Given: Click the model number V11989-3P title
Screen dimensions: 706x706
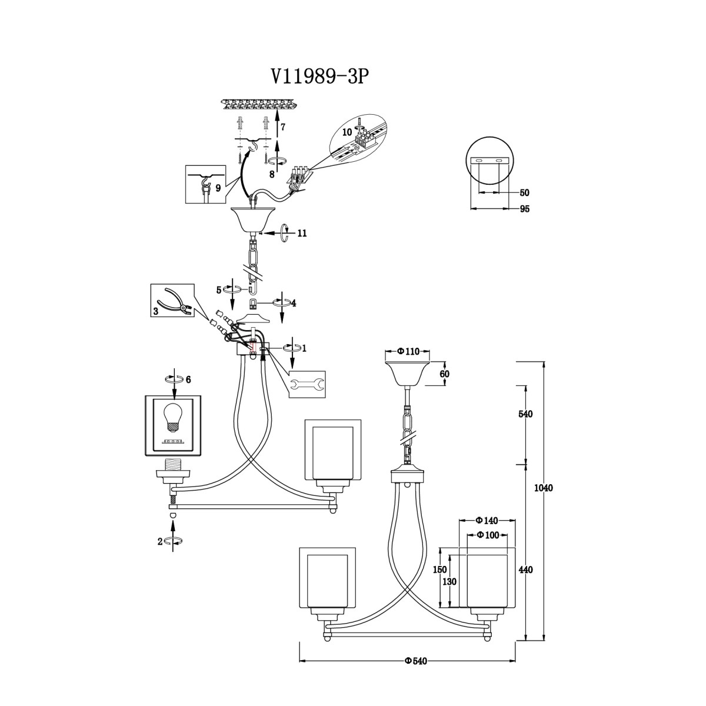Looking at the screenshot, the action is (x=318, y=76).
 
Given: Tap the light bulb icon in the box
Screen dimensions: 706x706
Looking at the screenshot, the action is (x=173, y=417).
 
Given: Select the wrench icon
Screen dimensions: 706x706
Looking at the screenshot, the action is (x=307, y=384).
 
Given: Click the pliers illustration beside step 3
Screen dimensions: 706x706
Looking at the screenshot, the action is (x=177, y=301).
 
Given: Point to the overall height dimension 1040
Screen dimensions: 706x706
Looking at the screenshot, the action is (x=544, y=488).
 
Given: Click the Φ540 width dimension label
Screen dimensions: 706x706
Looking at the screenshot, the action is (x=416, y=651).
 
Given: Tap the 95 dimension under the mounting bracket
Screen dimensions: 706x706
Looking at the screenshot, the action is (x=525, y=209).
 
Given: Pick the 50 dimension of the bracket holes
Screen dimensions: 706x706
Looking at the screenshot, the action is (x=525, y=193).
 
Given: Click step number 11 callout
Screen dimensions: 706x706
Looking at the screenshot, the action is (x=302, y=233).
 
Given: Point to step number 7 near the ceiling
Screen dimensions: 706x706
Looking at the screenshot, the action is (x=282, y=128).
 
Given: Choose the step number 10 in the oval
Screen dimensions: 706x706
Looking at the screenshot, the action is (x=347, y=132).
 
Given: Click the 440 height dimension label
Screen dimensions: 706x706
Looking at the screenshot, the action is (x=526, y=570).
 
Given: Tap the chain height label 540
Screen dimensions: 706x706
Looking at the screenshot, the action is (x=526, y=414).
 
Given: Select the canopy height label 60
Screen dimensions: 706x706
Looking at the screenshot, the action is (x=445, y=374).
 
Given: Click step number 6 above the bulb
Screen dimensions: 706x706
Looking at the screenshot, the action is (x=188, y=379).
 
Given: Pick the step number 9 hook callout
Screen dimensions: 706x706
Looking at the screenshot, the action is (x=218, y=188).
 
